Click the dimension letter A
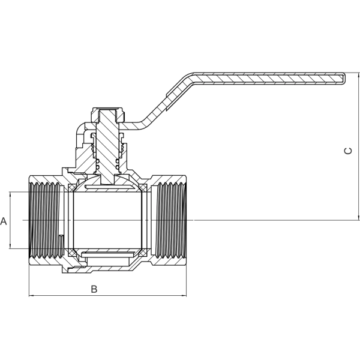4,221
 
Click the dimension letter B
94,289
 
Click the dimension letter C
348,151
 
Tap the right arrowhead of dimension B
184,296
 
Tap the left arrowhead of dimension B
31,296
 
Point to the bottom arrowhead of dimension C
359,218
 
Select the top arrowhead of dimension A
10,194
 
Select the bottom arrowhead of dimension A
10,247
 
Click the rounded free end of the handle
344,79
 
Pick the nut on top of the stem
109,115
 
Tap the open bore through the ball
107,220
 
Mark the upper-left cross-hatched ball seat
73,188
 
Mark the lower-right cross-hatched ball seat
143,253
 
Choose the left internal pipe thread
47,220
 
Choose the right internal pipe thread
169,220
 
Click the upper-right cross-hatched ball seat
143,188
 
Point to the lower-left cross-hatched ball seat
73,253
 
